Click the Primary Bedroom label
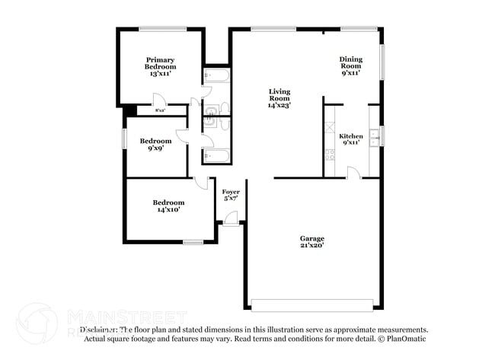161,66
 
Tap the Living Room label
279,99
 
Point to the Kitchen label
350,140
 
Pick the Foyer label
231,195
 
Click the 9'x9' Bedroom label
155,145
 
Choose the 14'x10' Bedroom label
168,205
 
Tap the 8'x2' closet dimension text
161,111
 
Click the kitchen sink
374,136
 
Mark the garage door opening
313,304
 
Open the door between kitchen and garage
353,173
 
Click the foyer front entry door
231,218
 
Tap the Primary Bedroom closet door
158,100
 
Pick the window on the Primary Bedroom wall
162,29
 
